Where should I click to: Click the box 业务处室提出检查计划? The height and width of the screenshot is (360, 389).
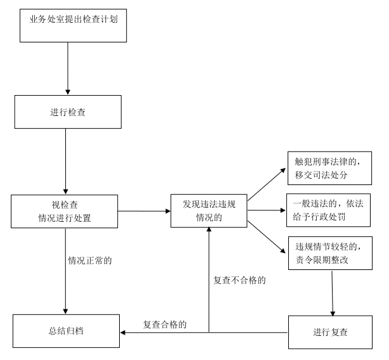73,25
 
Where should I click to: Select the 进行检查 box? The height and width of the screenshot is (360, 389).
67,112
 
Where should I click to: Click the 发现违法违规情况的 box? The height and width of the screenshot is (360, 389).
210,211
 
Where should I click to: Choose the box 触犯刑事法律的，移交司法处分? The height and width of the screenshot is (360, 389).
329,167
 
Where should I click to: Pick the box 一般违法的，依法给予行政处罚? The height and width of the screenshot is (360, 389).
329,210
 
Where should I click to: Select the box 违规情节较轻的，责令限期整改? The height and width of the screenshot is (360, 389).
329,252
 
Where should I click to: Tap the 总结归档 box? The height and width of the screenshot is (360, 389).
65,331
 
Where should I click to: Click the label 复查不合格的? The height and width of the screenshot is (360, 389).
239,279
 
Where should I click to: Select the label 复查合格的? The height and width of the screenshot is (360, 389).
164,324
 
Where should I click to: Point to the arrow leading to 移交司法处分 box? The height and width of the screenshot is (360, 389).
266,185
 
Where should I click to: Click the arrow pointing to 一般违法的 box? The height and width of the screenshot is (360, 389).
266,210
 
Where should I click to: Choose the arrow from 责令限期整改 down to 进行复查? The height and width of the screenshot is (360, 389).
333,293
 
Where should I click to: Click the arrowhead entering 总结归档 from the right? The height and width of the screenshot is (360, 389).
124,331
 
